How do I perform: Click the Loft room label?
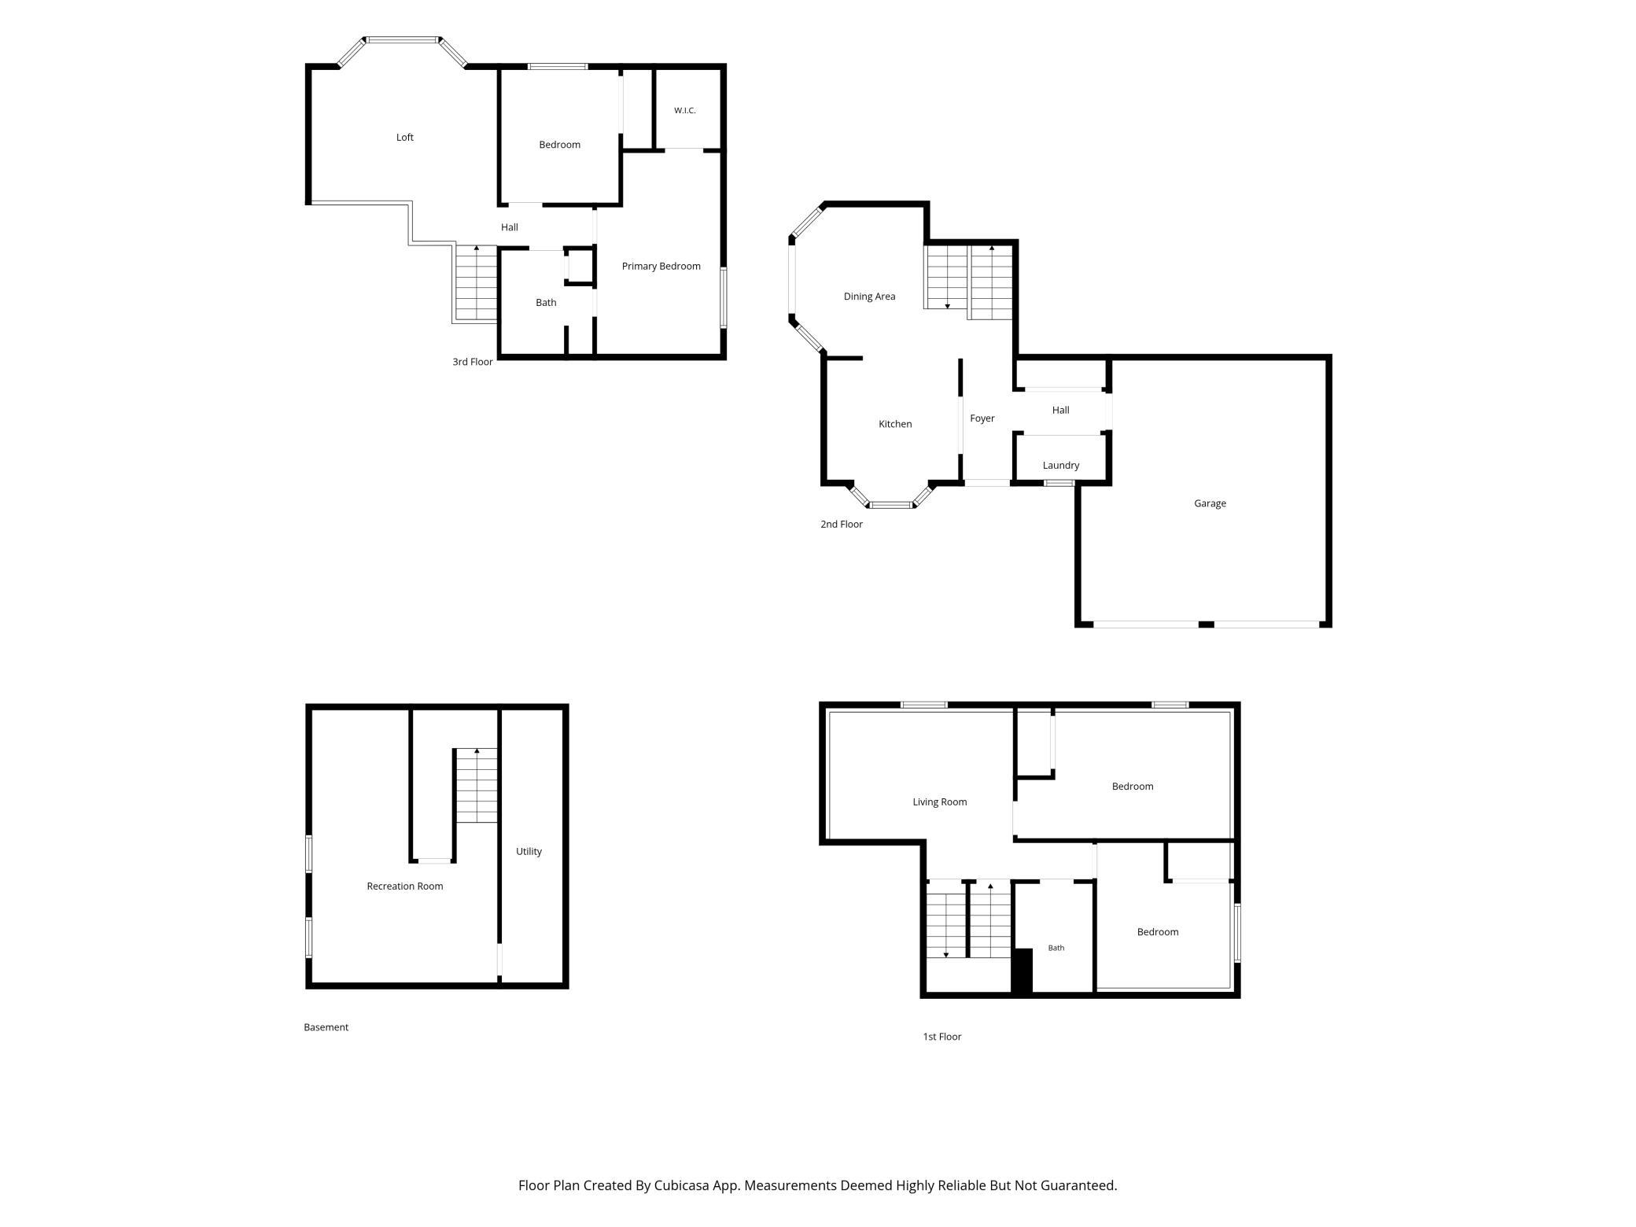404,138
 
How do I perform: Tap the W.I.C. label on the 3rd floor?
684,111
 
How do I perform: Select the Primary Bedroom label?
661,267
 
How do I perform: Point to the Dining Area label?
869,297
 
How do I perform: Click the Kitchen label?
895,424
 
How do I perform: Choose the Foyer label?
982,418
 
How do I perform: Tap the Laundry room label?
1061,466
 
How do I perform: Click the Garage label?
1210,503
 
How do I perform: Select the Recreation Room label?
405,886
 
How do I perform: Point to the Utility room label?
529,852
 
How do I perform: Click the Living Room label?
940,802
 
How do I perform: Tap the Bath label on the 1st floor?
1056,949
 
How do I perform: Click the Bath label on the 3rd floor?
546,303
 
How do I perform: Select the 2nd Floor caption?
842,525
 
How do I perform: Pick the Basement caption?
326,1027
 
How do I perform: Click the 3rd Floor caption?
473,363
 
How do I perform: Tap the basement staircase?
477,786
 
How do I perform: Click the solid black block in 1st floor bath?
1022,971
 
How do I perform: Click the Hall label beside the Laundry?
1060,411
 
